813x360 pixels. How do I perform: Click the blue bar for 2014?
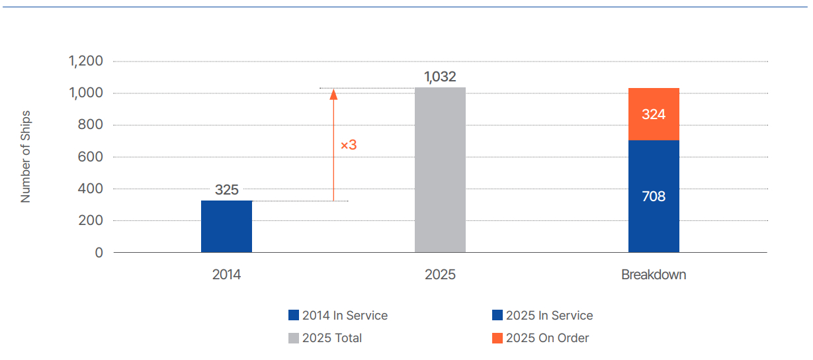tap(226, 226)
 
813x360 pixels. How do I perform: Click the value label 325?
tap(226, 190)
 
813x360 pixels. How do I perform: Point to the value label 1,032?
tap(440, 77)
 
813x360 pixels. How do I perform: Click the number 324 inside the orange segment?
tap(654, 114)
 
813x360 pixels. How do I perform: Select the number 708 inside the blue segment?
tap(654, 197)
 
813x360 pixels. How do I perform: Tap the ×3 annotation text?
tap(349, 144)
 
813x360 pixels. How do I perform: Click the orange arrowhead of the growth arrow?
tap(333, 94)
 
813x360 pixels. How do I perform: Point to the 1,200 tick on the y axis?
tap(86, 62)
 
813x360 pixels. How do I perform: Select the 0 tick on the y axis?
tap(99, 253)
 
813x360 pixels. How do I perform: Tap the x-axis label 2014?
tap(226, 275)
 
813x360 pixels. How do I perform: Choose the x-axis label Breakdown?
tap(654, 275)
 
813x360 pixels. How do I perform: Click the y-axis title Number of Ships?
tap(26, 157)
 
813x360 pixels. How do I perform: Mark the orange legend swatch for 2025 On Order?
tap(497, 338)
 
